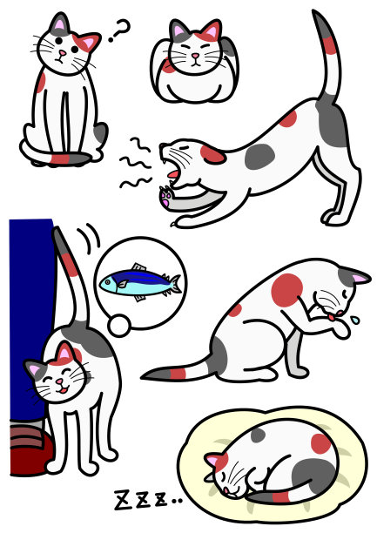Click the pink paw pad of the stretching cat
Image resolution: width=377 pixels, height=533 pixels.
165,197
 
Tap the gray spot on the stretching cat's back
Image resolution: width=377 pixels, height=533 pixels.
259,156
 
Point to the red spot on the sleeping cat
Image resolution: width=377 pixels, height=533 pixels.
321,442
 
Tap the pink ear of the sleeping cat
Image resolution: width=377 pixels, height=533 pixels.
212,460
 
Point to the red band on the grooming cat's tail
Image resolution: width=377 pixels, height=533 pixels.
177,374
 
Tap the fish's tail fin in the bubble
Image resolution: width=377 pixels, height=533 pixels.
175,284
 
